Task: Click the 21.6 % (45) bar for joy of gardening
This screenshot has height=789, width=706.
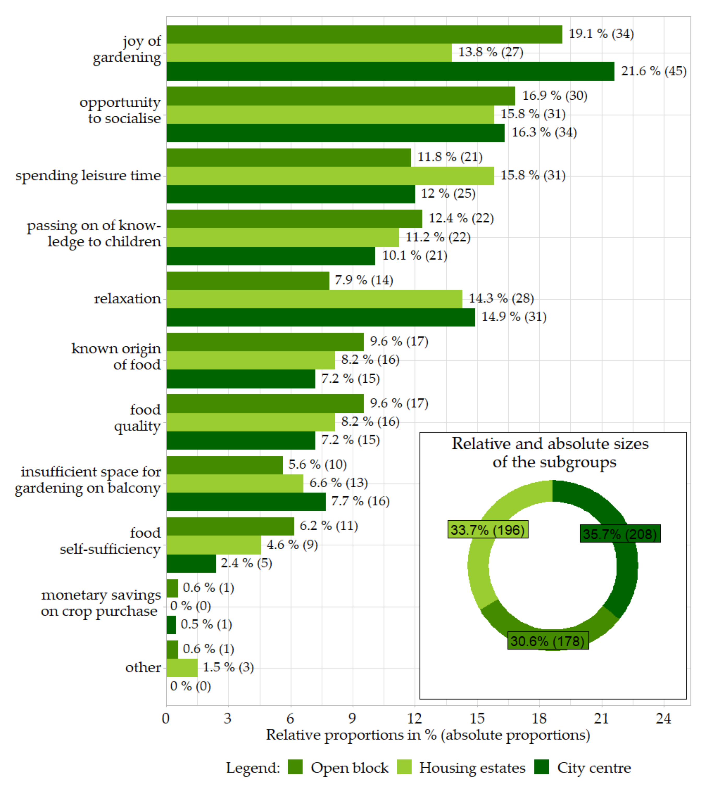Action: coord(390,71)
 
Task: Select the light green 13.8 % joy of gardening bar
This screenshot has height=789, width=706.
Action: coord(309,53)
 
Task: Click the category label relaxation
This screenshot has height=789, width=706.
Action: coord(127,299)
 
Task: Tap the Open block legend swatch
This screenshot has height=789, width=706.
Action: coord(295,768)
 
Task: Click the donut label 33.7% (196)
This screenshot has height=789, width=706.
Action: coord(488,529)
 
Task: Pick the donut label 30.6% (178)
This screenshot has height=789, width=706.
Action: coord(547,641)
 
